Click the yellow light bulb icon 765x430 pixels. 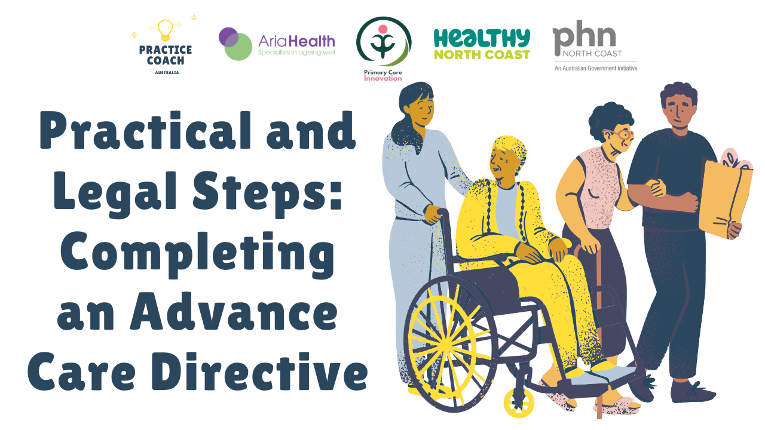(166, 30)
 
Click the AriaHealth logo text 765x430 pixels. (296, 41)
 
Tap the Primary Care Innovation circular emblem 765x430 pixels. (384, 41)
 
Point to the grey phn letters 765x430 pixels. (584, 36)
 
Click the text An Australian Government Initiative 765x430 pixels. (596, 68)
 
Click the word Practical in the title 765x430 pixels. (145, 131)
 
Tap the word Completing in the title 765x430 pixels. (197, 254)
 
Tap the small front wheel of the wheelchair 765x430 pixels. (519, 403)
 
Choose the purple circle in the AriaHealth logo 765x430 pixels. (228, 37)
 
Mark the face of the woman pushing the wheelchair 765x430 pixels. (423, 109)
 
